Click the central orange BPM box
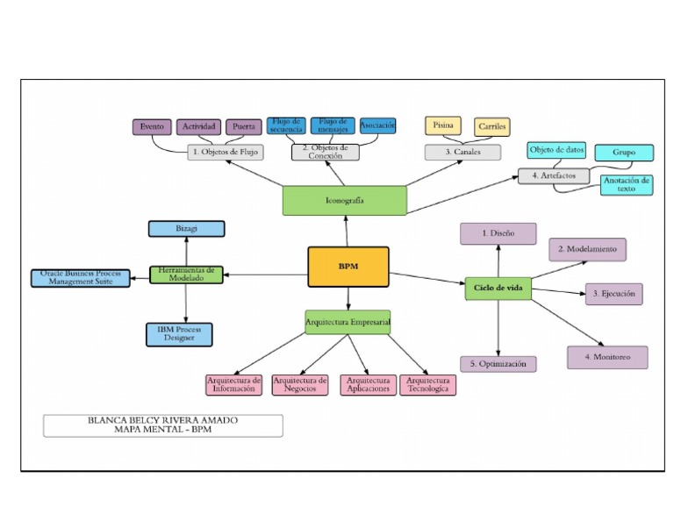348,267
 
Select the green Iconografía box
344,200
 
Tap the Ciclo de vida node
498,288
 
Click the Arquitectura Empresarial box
348,322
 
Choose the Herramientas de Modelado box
186,274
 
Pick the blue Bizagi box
186,229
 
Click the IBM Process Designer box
179,334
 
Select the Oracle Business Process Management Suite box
80,278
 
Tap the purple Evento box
152,127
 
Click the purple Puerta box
244,127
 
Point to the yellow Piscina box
443,125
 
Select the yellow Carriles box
492,127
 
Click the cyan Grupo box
624,153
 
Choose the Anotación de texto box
627,185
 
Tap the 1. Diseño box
498,234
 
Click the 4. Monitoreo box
607,357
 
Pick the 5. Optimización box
498,363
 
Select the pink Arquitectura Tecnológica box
428,385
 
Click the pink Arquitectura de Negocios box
300,385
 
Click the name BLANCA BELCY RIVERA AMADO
163,420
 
